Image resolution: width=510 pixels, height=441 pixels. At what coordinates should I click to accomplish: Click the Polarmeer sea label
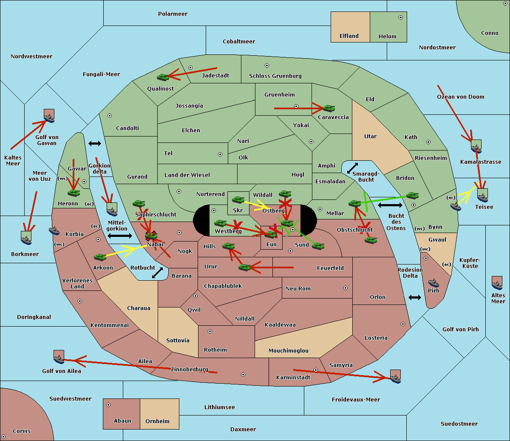[173, 14]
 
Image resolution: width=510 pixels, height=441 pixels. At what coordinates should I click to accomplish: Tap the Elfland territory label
[349, 36]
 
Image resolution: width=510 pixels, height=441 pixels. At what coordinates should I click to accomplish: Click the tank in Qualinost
[163, 77]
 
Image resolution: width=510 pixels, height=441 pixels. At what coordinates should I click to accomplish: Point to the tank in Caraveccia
[329, 108]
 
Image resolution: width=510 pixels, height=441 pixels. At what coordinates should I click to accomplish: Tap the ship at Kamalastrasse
[476, 147]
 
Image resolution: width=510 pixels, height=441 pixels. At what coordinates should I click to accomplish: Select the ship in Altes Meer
[497, 284]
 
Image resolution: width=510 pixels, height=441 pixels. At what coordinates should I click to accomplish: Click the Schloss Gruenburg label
[275, 76]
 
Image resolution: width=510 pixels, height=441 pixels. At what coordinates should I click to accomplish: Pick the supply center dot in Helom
[400, 17]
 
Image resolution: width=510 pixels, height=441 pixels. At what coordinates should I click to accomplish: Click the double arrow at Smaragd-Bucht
[352, 168]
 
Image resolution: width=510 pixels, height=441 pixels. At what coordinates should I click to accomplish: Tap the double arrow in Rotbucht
[157, 273]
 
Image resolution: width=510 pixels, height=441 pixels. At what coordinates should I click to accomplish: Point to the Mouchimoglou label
[288, 351]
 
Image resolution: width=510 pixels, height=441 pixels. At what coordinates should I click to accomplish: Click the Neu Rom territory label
[298, 288]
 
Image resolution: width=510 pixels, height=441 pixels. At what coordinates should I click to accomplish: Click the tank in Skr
[238, 199]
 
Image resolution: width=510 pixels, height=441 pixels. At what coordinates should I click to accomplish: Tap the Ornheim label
[157, 421]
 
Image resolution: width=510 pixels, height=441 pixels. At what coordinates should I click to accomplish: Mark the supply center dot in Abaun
[108, 405]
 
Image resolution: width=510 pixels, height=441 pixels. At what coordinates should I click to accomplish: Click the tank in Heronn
[74, 193]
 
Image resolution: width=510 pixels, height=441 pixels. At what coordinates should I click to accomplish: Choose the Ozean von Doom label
[461, 97]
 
